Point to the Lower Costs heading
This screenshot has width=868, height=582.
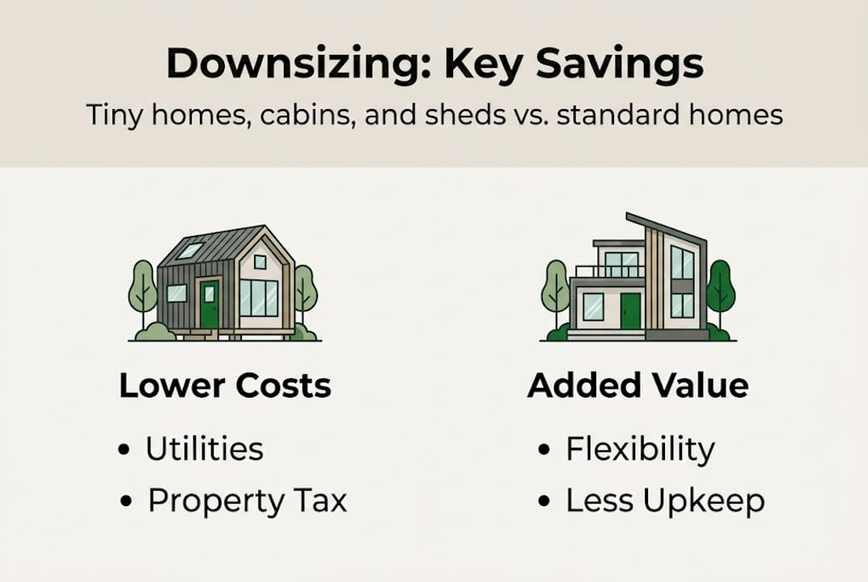click(225, 386)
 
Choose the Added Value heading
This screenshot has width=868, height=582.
click(637, 386)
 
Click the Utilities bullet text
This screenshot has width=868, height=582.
click(204, 449)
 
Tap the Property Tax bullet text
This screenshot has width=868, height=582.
click(247, 501)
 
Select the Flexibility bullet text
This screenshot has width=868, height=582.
click(639, 449)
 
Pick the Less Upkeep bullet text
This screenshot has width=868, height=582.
click(664, 501)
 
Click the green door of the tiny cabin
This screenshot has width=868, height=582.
click(210, 304)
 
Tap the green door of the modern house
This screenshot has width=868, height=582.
click(630, 311)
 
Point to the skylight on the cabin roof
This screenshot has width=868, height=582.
click(189, 251)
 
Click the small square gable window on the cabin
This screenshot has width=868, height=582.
click(260, 261)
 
